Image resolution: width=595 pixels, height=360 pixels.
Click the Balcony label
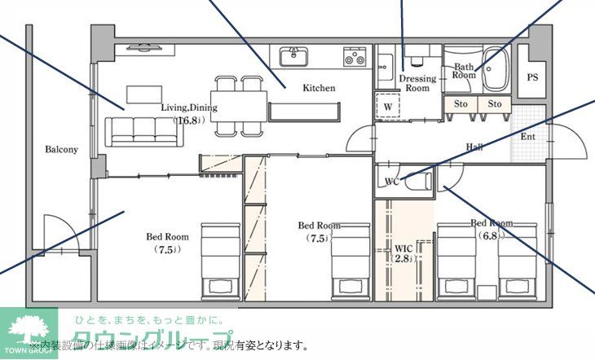click(x=61, y=150)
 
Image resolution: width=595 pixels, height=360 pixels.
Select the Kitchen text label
click(x=319, y=88)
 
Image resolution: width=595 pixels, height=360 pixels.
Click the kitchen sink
click(x=293, y=56)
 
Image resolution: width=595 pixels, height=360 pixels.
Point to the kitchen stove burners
click(x=355, y=56)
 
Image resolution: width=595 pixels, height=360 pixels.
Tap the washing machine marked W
click(x=388, y=107)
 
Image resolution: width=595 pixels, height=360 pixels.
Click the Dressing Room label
click(x=417, y=83)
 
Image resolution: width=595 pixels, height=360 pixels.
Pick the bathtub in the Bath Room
click(x=496, y=72)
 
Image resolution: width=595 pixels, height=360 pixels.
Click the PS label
click(x=533, y=78)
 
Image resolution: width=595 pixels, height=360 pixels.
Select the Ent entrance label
click(x=527, y=136)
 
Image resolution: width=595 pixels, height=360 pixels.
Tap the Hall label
click(x=475, y=147)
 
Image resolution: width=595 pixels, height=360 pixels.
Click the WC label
click(x=390, y=181)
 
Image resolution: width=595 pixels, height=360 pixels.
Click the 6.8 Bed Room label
click(x=491, y=229)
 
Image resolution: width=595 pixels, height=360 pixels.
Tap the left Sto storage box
click(x=461, y=104)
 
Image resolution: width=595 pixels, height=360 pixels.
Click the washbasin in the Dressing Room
click(x=386, y=64)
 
